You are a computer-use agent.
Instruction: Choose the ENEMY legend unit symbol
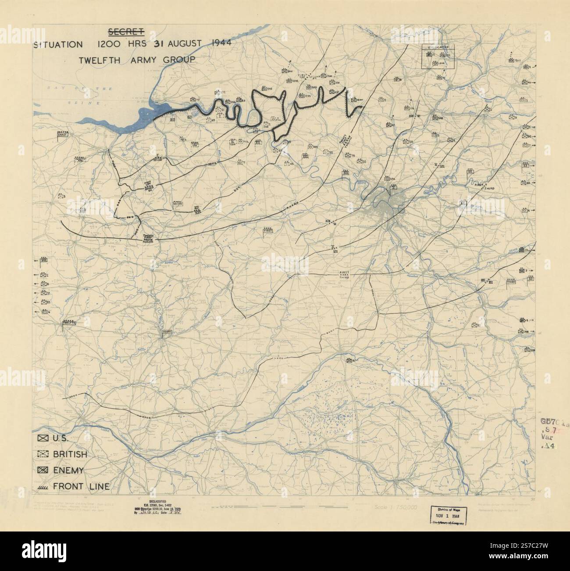pyautogui.click(x=43, y=470)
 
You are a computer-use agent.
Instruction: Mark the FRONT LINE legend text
pyautogui.click(x=81, y=486)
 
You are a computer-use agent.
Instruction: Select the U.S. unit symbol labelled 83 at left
pyautogui.click(x=45, y=302)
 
